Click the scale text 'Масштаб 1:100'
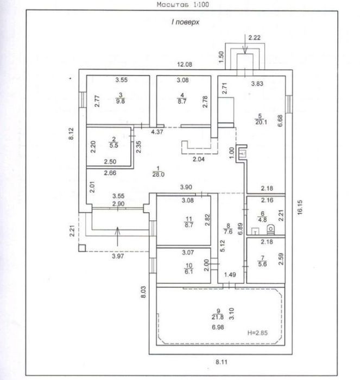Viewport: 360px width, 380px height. (x=183, y=4)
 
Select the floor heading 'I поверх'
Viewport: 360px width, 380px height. (x=186, y=22)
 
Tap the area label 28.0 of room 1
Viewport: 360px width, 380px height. (x=159, y=175)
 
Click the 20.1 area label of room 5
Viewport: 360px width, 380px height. (x=261, y=122)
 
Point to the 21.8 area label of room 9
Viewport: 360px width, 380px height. (x=218, y=317)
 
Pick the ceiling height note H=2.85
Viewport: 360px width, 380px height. (x=257, y=333)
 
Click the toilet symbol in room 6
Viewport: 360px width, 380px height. (x=271, y=229)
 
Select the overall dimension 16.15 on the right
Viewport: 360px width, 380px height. (x=300, y=207)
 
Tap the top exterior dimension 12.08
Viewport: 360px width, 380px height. (x=185, y=65)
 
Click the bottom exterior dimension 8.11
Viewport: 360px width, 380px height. (x=222, y=362)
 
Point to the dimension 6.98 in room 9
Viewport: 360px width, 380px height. (x=218, y=327)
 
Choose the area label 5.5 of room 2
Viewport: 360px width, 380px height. (x=114, y=145)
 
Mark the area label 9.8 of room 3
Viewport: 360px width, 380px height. (x=121, y=101)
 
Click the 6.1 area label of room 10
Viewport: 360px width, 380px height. (x=189, y=271)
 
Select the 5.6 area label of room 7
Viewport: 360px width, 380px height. (x=263, y=264)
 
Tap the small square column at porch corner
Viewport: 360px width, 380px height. (x=82, y=248)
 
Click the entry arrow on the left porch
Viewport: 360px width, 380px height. (x=117, y=236)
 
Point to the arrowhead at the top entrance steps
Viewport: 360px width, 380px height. (x=245, y=51)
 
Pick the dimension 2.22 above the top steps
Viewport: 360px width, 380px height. (x=255, y=38)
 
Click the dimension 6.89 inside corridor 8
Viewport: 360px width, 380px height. (x=240, y=229)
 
